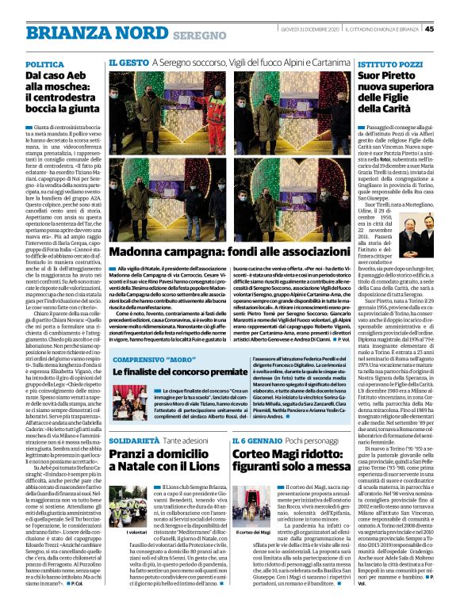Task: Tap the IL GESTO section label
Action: (128, 62)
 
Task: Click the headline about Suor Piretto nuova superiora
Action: (390, 94)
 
